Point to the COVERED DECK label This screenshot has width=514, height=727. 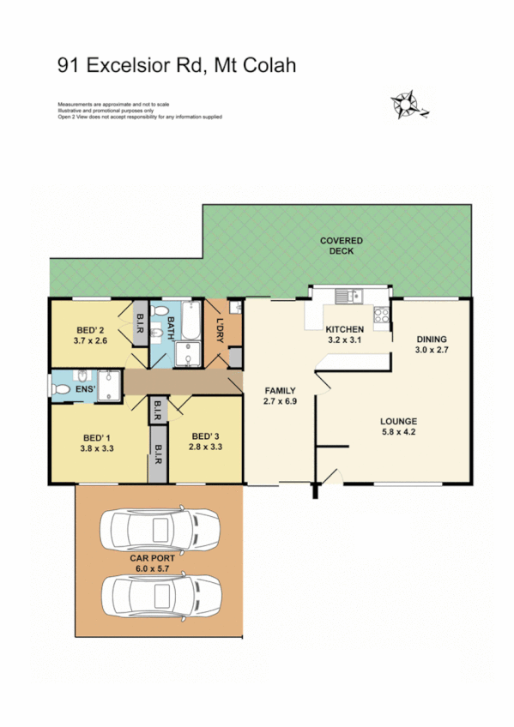(x=341, y=245)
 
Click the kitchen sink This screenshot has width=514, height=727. (x=348, y=297)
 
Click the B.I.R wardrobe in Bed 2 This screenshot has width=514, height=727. (x=140, y=324)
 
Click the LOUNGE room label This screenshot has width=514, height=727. (x=399, y=421)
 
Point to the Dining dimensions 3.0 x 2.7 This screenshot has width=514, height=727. (x=432, y=350)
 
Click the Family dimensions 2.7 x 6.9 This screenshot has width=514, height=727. (x=280, y=401)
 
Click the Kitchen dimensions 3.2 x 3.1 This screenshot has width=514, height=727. (x=345, y=340)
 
